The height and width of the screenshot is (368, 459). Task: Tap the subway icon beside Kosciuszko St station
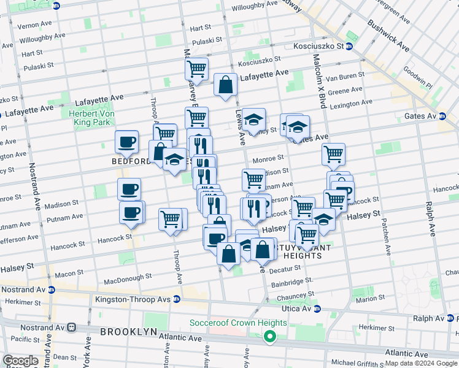(349, 46)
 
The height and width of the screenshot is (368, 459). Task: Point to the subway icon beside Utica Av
(317, 309)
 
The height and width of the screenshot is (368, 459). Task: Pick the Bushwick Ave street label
(388, 36)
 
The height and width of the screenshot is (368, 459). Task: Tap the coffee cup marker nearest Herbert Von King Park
(127, 142)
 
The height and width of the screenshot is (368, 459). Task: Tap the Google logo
(20, 361)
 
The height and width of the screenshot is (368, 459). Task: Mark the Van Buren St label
(344, 77)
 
